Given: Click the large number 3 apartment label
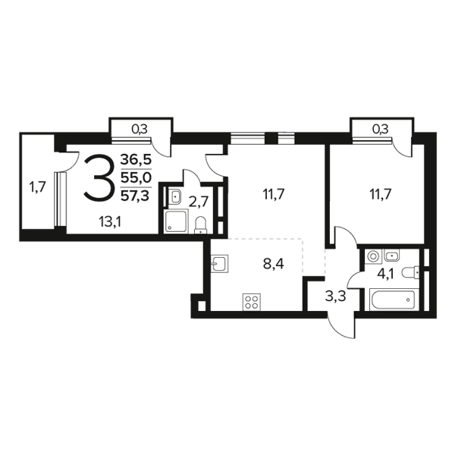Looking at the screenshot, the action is tap(98, 178).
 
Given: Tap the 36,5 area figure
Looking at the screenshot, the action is tap(136, 159).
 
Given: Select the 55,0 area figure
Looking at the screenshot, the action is tap(136, 177).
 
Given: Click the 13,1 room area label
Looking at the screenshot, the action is tap(110, 222).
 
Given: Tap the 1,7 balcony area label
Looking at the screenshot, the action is tap(37, 187).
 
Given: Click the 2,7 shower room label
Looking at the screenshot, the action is tap(199, 202).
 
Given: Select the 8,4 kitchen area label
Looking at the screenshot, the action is tap(273, 265).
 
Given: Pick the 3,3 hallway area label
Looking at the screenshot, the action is tap(336, 297).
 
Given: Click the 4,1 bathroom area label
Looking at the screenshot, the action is tap(385, 274).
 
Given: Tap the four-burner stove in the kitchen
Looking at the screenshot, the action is tap(252, 302).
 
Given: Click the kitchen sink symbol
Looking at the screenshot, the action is tap(220, 263).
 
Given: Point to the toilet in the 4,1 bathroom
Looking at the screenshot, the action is tap(410, 273).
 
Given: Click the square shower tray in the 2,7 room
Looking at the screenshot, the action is tap(176, 221).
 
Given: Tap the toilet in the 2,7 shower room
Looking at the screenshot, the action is tap(200, 225).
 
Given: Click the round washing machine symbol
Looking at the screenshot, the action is tap(373, 256).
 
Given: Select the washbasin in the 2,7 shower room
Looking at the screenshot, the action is tap(175, 196).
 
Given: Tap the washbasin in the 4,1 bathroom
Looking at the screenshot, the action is tap(392, 256).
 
